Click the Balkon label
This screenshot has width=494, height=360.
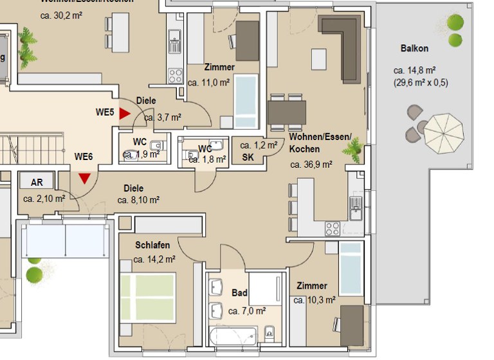tap(414, 48)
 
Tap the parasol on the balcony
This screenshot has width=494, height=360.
tap(446, 130)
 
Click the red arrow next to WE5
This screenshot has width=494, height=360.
tap(124, 113)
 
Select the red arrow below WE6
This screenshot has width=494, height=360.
tap(84, 178)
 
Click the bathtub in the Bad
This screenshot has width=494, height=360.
tap(233, 334)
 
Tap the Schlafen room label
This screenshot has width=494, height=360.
tap(152, 246)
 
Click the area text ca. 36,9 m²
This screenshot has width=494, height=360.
tap(311, 165)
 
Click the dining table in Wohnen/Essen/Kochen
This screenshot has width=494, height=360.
tap(287, 113)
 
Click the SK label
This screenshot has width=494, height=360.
tap(248, 157)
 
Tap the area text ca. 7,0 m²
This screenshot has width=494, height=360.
tap(247, 311)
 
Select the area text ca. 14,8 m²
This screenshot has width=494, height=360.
tap(415, 71)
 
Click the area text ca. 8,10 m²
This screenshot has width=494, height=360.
tap(138, 200)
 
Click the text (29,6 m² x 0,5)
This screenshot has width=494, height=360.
tap(421, 82)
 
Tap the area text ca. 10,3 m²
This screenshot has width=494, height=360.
tap(315, 300)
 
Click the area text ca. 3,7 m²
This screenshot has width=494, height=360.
tap(162, 118)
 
